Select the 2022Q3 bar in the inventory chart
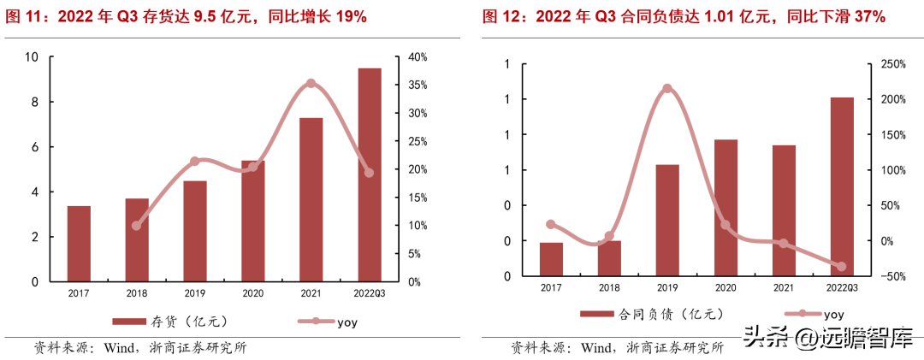tap(370, 174)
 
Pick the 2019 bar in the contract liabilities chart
tap(667, 220)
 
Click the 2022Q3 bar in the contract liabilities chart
tap(842, 186)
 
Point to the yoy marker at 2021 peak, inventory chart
tap(311, 84)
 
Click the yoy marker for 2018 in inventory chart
tap(136, 226)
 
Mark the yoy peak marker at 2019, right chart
tap(667, 88)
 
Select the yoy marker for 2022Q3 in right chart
tap(842, 267)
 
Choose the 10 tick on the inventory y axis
tap(32, 57)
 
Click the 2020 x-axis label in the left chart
tap(253, 293)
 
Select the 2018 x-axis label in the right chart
tap(609, 288)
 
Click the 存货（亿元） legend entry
tap(171, 322)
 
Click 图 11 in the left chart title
tap(23, 16)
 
